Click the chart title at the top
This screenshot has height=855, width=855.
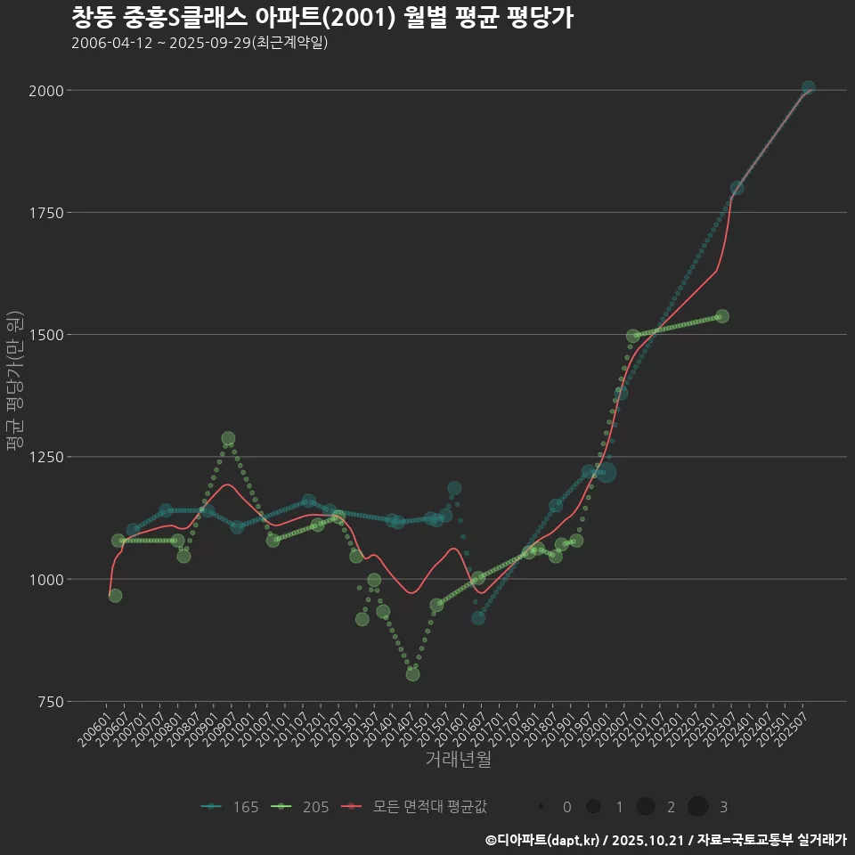322,17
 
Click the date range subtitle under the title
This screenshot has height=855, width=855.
199,43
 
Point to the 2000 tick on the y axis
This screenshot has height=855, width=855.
45,90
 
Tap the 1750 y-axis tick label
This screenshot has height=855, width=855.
45,212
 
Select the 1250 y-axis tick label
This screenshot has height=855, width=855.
45,457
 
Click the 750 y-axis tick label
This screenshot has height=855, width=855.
49,702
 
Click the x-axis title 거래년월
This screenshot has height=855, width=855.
459,759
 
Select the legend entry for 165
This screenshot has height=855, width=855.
231,807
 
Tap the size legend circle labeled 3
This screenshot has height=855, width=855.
698,807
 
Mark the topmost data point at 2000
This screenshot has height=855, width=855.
808,87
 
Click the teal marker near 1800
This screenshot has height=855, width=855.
737,188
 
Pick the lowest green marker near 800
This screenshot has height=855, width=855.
412,674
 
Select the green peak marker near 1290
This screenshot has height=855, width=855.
228,438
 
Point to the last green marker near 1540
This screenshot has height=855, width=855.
722,316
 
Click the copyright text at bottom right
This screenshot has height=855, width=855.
665,840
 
